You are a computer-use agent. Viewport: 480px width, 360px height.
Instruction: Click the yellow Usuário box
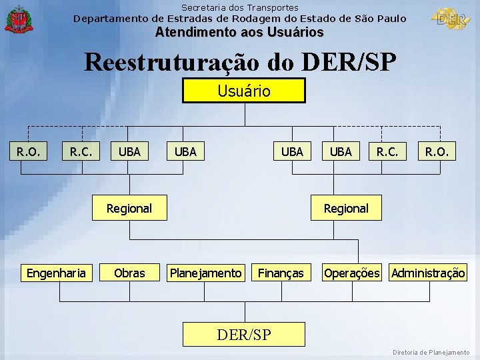tap(244, 91)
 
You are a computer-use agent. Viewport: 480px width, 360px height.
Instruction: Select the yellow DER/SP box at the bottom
tap(244, 334)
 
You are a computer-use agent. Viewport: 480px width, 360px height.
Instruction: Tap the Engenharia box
tap(56, 273)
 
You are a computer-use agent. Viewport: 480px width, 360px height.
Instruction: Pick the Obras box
tap(129, 273)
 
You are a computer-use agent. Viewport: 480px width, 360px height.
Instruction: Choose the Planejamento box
tap(206, 273)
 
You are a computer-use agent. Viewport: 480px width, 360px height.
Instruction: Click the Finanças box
tap(281, 273)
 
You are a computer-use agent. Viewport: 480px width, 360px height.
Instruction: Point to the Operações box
tap(351, 273)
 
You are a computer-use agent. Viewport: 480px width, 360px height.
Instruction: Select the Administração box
tap(429, 273)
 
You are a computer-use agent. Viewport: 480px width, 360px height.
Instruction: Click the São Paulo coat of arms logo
tap(18, 19)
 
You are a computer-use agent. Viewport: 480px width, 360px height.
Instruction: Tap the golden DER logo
tap(451, 18)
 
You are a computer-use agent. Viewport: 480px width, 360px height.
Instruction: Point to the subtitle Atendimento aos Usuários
tap(239, 32)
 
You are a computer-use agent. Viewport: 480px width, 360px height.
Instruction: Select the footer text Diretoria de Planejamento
tap(431, 352)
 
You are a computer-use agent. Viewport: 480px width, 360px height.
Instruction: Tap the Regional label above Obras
tap(129, 208)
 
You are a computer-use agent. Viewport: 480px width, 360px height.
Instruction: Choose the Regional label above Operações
tap(346, 208)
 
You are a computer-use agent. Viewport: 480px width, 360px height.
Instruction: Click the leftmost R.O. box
tap(28, 151)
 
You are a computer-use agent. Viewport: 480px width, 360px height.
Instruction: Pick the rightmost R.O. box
tap(437, 151)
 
